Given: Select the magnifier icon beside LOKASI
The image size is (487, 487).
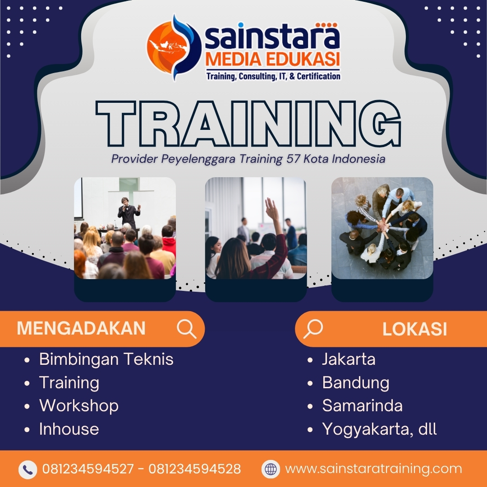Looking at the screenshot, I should [313, 329].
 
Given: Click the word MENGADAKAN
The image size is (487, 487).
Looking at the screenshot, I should [81, 329].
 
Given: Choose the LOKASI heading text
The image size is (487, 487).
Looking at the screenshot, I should [414, 330].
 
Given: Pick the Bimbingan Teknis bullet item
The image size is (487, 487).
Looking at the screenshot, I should [106, 359].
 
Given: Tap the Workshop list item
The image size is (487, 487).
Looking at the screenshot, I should [79, 406].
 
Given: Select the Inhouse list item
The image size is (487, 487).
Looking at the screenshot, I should [69, 429].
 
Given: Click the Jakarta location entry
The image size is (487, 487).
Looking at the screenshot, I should [349, 359].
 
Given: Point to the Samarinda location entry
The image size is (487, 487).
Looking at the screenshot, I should [362, 406].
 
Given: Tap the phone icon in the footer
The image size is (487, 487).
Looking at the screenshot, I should [28, 469].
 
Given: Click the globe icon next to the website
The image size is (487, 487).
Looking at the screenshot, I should [271, 469].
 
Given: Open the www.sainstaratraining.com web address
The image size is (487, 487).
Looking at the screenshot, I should [373, 469].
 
